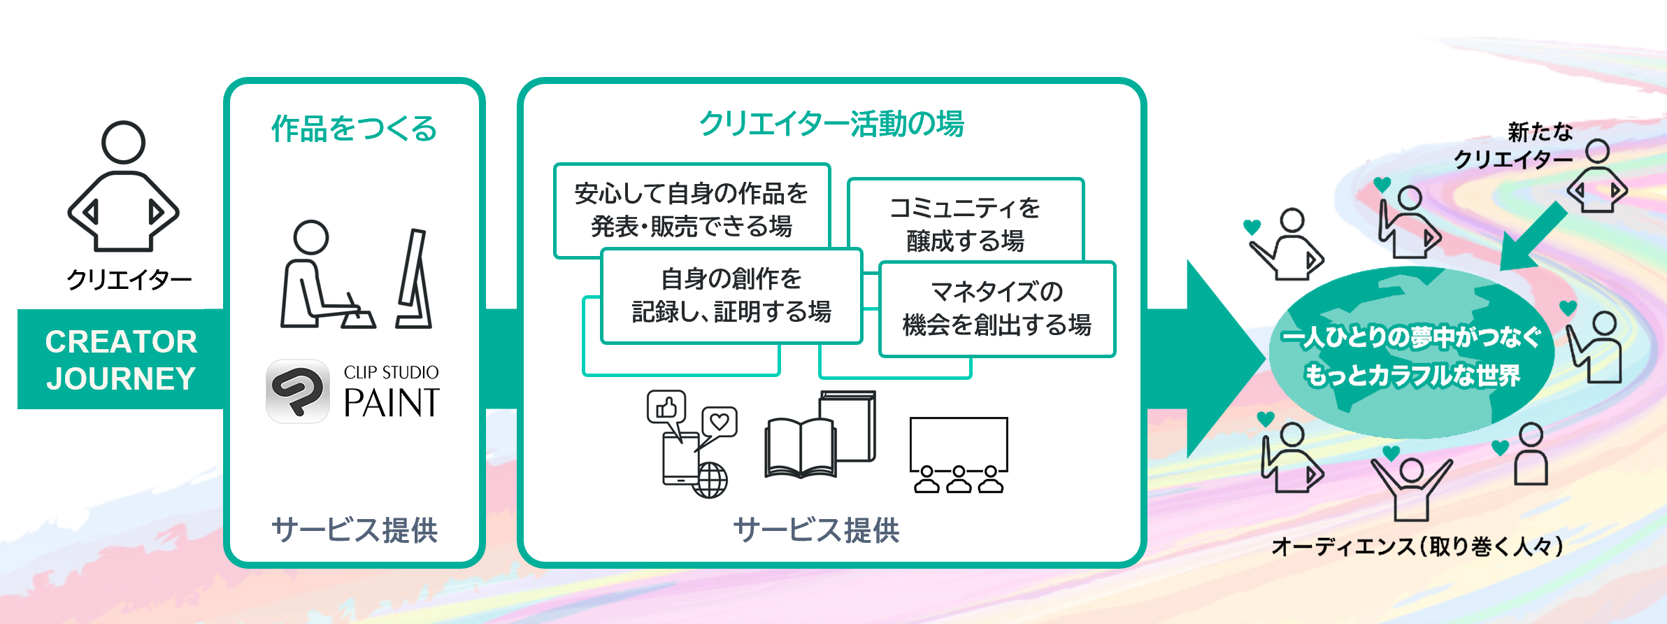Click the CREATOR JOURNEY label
coord(121,360)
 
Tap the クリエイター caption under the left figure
coord(129,281)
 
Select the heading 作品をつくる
coord(354,129)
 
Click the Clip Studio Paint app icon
coord(298,391)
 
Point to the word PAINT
coord(392,403)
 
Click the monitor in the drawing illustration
coord(415,279)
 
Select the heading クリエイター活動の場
coord(831,124)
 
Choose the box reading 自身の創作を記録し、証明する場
coord(731,295)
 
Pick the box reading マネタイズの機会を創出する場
coord(996,309)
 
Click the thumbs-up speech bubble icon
coord(666,406)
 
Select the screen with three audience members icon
coord(959,455)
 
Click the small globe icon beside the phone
coord(710,481)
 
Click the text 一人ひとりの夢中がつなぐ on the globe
coord(1411,338)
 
